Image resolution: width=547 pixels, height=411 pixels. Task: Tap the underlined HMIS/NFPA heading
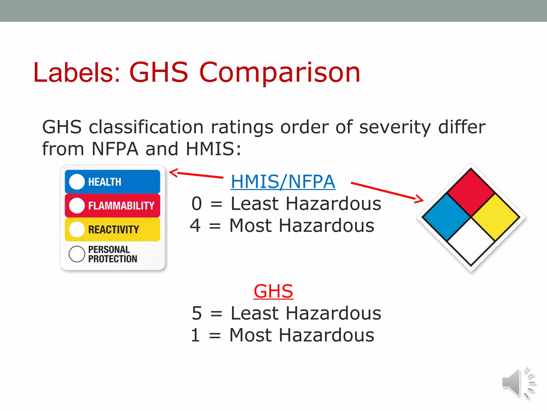283,182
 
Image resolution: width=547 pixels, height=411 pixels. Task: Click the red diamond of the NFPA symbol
471,192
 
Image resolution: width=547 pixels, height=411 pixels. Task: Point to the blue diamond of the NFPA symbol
446,217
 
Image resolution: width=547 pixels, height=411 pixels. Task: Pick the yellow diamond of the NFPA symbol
496,217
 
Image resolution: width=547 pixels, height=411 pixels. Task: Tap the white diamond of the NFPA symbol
471,242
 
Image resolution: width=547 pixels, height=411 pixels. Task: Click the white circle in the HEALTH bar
77,182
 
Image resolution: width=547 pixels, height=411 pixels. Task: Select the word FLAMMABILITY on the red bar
121,206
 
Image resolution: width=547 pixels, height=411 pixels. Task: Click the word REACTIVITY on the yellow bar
114,230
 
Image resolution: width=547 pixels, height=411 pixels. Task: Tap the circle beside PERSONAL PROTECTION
77,254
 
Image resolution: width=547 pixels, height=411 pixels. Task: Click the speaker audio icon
518,383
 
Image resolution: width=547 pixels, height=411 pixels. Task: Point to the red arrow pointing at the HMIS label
196,174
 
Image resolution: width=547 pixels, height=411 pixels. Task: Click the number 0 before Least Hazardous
197,204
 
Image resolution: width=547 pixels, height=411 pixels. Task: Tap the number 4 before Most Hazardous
195,226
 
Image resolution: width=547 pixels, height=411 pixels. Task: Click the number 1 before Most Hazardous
195,335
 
